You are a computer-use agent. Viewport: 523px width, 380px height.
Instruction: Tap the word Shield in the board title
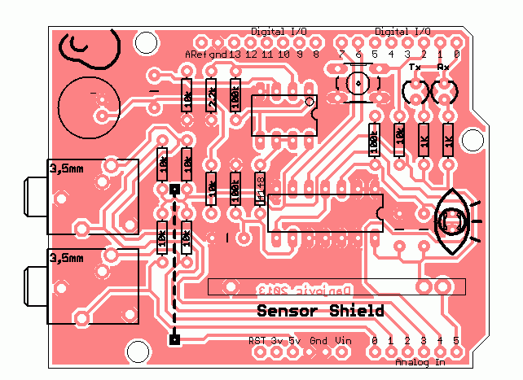click(356, 311)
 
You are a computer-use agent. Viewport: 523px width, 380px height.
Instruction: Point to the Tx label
click(415, 67)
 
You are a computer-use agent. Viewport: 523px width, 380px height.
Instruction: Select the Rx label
click(443, 67)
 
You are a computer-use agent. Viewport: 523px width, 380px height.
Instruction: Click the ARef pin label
click(196, 55)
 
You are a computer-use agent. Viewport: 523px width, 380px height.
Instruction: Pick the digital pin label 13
click(235, 55)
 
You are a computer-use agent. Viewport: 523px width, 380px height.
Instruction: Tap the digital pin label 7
click(342, 55)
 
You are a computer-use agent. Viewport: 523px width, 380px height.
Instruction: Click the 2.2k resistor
click(212, 99)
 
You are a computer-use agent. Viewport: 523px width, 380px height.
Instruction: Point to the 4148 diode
click(261, 187)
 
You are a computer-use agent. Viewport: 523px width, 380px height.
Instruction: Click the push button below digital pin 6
click(357, 83)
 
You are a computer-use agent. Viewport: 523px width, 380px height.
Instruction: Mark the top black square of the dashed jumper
click(174, 190)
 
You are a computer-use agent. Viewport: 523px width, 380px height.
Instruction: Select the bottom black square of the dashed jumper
click(174, 339)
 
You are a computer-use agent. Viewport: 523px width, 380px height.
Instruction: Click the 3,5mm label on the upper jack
click(66, 169)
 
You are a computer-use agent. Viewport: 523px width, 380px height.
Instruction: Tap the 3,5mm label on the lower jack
click(66, 258)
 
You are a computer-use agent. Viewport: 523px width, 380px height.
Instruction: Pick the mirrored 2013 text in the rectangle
click(274, 289)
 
